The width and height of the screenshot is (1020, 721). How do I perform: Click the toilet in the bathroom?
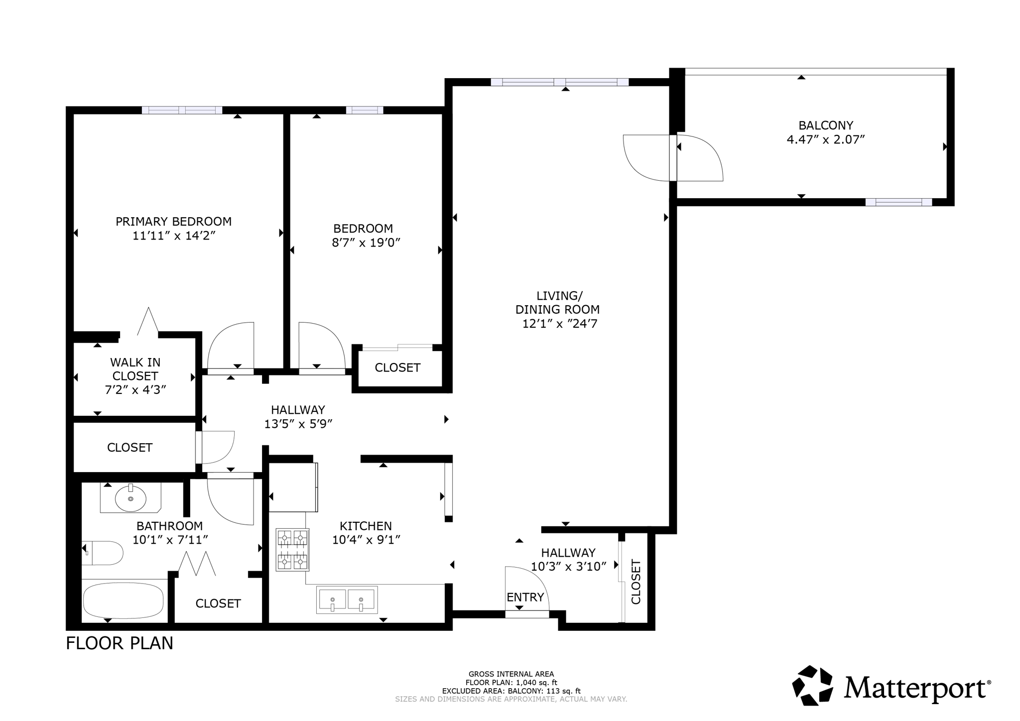tap(104, 553)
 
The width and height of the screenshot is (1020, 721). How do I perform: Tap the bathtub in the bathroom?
tap(123, 601)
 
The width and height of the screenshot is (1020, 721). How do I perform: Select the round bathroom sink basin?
tap(130, 498)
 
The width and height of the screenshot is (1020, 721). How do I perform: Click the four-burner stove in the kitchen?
tap(292, 550)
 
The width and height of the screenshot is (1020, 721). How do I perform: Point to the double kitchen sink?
tap(347, 600)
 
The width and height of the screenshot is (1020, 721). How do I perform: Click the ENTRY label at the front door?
tap(525, 597)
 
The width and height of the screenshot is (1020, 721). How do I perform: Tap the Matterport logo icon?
tap(812, 685)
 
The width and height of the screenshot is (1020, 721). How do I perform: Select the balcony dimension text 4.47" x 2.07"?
tap(825, 139)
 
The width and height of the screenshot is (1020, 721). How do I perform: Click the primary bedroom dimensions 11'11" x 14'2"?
tap(173, 236)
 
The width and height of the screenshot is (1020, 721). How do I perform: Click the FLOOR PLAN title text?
tap(120, 643)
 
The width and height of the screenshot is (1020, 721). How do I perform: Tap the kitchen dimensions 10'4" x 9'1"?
tap(366, 540)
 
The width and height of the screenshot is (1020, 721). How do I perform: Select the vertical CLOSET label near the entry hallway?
tap(636, 582)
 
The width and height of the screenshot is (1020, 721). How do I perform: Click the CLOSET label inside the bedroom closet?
tap(397, 367)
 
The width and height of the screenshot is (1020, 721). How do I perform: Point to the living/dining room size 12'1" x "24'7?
tap(559, 324)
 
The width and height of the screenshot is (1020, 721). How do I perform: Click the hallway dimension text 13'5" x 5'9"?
tap(298, 424)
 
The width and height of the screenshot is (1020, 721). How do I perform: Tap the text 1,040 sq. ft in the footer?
tap(537, 683)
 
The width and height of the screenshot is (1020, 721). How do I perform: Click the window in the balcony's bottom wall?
tap(898, 202)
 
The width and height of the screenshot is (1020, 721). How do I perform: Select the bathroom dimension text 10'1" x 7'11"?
tap(170, 539)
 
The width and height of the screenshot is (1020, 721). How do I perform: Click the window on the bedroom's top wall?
tap(365, 110)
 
